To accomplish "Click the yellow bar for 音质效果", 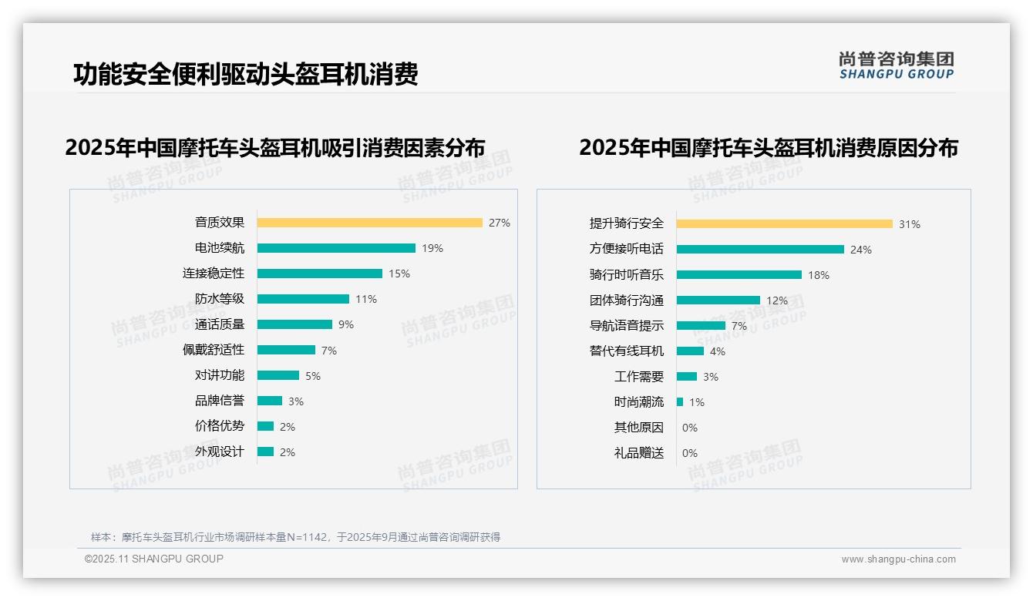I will point(369,223).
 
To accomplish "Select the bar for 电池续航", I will point(336,248).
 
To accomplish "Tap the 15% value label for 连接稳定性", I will point(399,274).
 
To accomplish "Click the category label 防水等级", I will point(220,299).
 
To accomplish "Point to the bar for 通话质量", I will point(294,324).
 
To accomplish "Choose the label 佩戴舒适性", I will point(214,350).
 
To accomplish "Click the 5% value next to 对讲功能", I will point(312,376).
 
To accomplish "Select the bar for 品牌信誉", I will point(270,401).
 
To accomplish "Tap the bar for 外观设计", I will point(265,452).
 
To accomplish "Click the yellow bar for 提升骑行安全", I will point(784,224).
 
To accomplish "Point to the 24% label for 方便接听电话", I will point(860,250).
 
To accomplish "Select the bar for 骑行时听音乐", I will point(739,275).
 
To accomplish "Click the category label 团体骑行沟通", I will point(627,300).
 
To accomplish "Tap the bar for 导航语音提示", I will point(701,326).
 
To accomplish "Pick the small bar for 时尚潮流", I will point(680,402).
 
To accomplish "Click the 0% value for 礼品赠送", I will point(690,453).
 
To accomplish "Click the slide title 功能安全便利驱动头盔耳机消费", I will point(245,74).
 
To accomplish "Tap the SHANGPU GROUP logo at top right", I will point(896,65).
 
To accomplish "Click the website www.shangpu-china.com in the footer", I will point(898,559).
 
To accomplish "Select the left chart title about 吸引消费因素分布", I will point(275,147).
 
